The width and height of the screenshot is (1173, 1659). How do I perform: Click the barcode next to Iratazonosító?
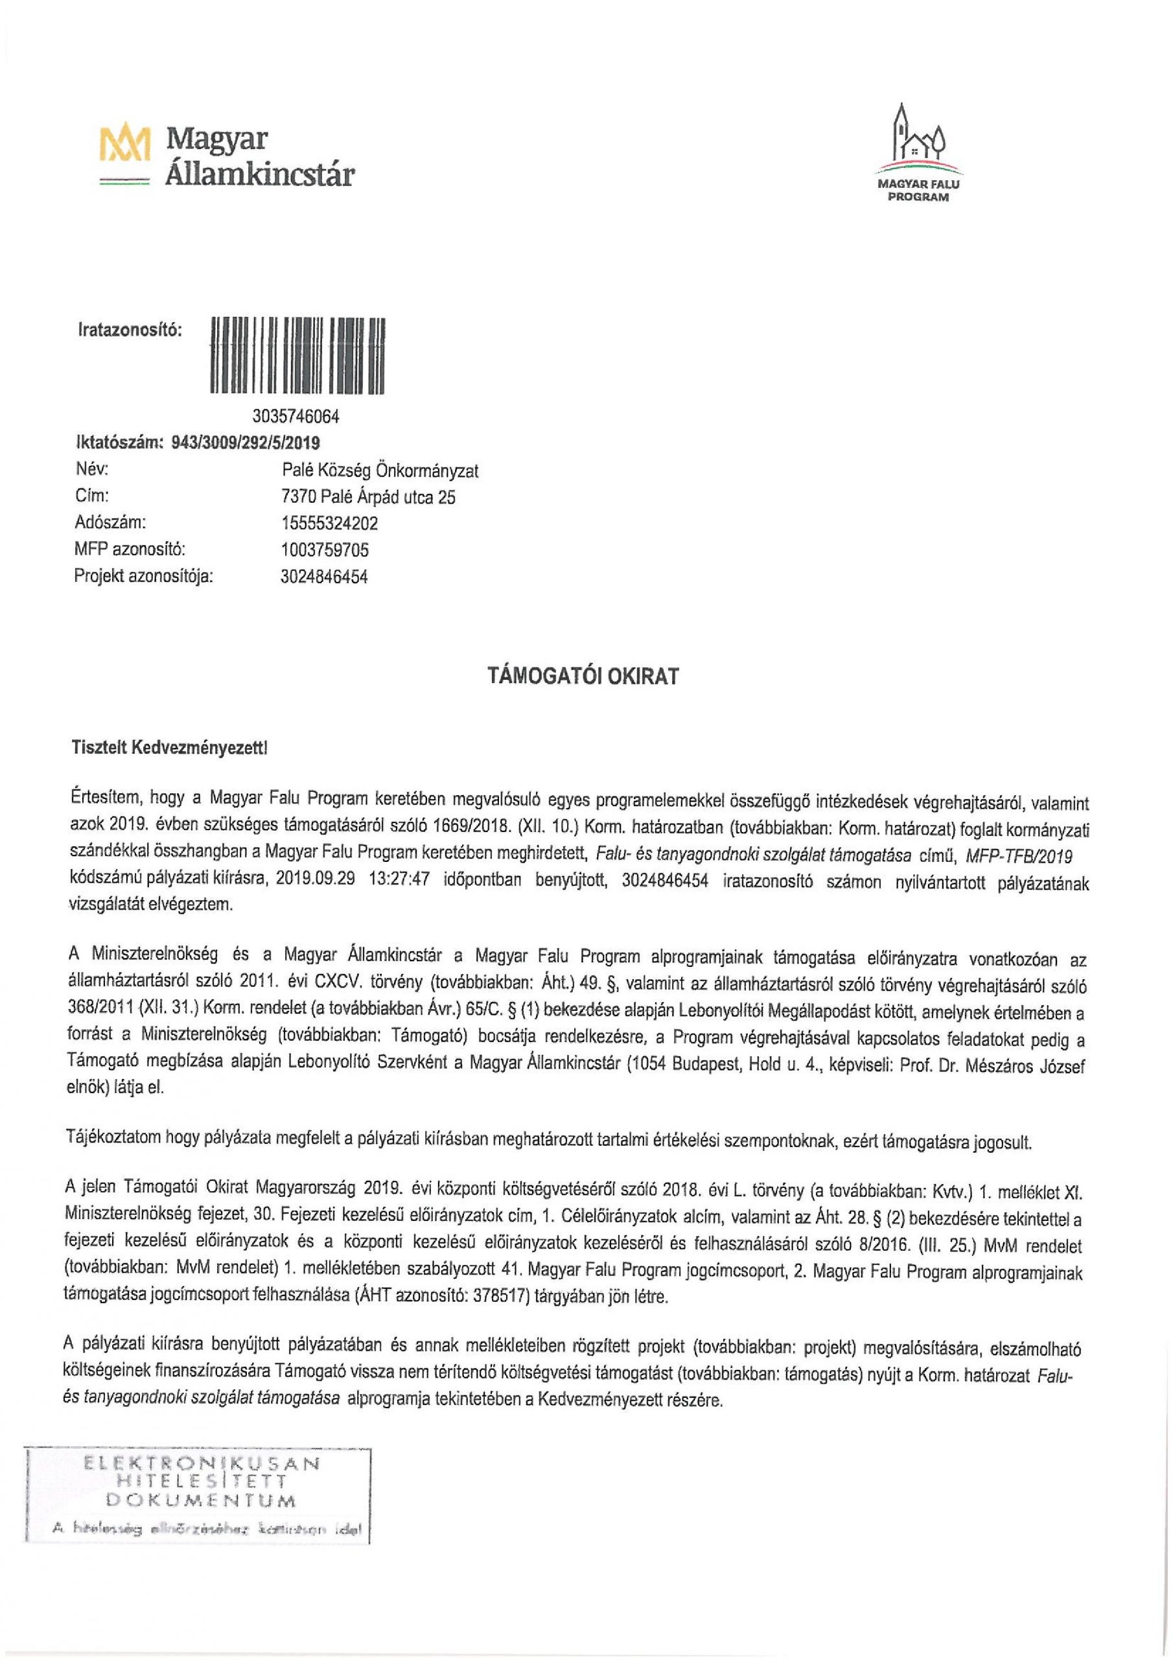297,356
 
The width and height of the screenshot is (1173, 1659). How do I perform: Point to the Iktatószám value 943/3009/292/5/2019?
246,442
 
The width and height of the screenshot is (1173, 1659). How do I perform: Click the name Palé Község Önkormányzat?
380,470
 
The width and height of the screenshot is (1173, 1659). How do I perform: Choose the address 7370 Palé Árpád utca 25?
369,497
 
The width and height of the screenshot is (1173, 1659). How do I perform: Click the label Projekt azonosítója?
144,577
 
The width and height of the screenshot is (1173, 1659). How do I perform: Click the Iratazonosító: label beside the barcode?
130,331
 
